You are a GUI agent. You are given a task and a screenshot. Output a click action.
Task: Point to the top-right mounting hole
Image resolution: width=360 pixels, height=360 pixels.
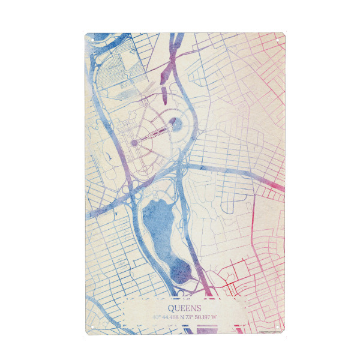click(278, 40)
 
